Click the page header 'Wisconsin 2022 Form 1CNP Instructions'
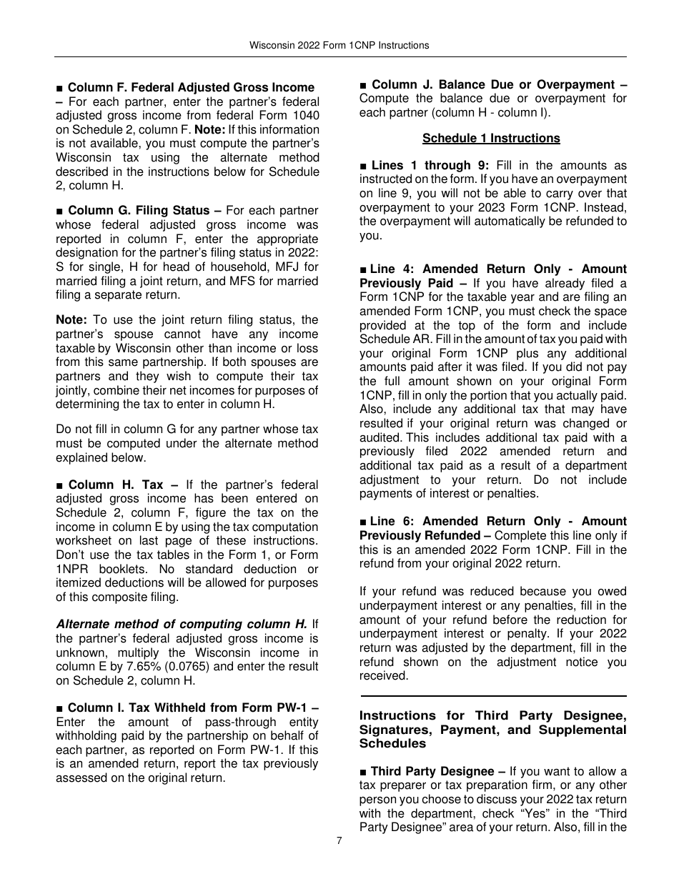click(x=339, y=45)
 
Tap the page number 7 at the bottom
click(x=339, y=840)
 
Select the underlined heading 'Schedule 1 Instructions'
click(x=491, y=138)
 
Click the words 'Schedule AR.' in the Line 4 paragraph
click(x=390, y=339)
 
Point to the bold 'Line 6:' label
click(x=392, y=521)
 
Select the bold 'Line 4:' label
click(x=392, y=269)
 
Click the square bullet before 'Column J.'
click(x=364, y=85)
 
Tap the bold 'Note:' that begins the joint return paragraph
click(x=71, y=319)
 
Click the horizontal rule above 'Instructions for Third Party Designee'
click(x=493, y=695)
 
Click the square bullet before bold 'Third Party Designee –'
click(x=364, y=772)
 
